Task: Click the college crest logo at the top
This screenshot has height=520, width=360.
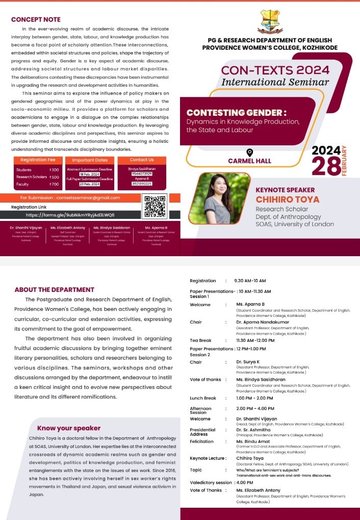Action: [x=270, y=21]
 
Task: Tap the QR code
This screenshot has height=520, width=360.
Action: [x=155, y=206]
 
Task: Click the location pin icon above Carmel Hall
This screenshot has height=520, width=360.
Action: [x=249, y=152]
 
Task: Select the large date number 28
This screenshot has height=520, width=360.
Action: [x=326, y=167]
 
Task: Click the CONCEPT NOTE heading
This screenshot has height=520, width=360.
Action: [x=36, y=19]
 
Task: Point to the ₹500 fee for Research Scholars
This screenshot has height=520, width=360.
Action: [x=54, y=177]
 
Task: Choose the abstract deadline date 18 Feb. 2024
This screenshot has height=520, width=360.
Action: [x=89, y=174]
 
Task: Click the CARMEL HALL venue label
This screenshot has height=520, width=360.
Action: [x=249, y=161]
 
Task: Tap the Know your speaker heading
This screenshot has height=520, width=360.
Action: [x=69, y=428]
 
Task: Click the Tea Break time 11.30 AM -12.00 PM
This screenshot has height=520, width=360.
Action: [x=254, y=340]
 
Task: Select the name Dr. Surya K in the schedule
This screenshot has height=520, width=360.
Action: [x=248, y=362]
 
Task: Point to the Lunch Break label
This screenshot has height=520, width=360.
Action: [x=203, y=398]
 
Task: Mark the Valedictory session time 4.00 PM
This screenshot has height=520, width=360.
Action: [x=245, y=482]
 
